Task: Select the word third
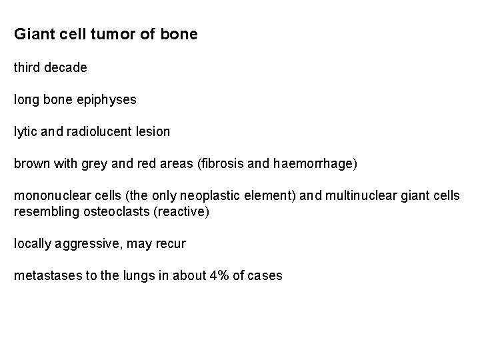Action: (x=29, y=68)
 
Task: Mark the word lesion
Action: (x=151, y=132)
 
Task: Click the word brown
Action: (x=31, y=164)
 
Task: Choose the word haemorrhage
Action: (x=315, y=164)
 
